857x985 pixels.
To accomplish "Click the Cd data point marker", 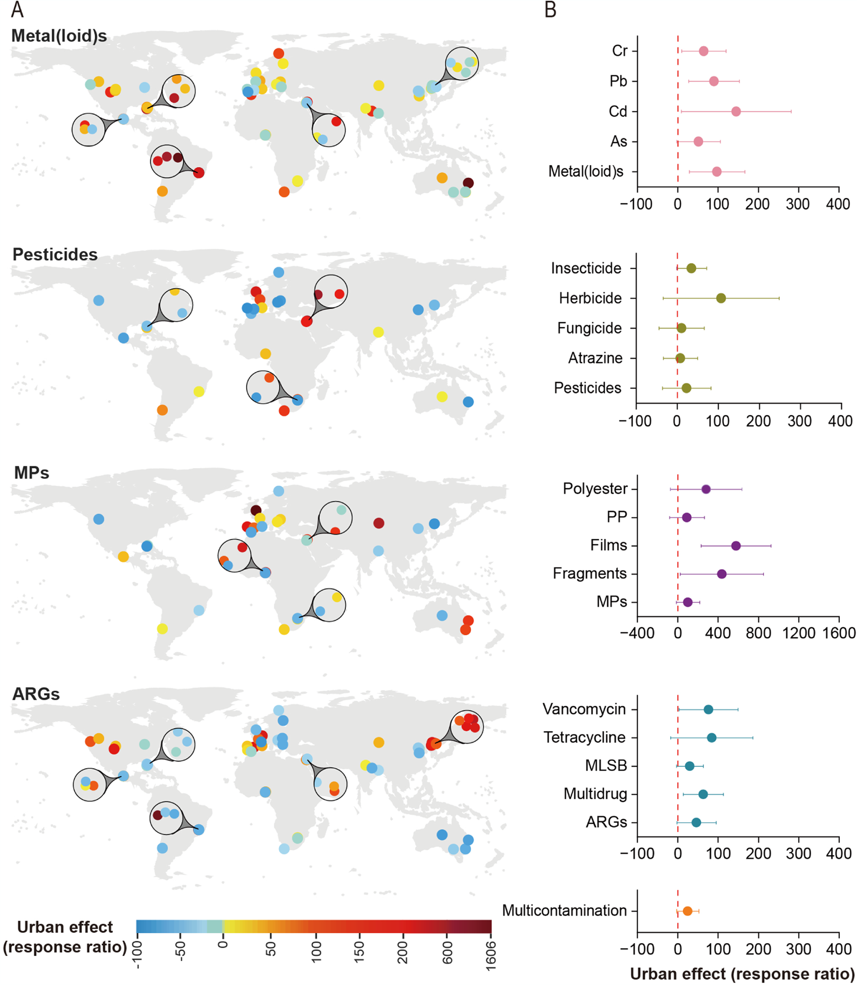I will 736,112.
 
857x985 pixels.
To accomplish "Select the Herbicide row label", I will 590,298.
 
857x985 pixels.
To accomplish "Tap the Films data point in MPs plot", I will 736,545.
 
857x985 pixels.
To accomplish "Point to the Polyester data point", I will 706,489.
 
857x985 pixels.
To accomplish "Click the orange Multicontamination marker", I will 687,911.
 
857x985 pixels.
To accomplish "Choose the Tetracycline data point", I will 711,738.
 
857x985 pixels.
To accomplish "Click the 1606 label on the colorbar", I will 490,955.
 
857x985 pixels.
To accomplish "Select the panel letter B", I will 550,10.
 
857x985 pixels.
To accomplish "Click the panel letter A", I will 17,10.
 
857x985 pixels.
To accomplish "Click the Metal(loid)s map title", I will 59,36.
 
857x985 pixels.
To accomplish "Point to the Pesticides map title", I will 55,254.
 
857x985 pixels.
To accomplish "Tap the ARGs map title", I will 36,694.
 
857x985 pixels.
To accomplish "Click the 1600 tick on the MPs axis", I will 839,633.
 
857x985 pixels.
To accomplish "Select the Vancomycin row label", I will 584,709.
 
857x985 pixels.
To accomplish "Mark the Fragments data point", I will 721,574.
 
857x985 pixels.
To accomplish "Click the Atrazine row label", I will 595,358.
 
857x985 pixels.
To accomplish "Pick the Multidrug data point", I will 703,794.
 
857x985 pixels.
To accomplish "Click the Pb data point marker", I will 713,81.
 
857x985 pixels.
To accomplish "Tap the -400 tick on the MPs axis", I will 637,633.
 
